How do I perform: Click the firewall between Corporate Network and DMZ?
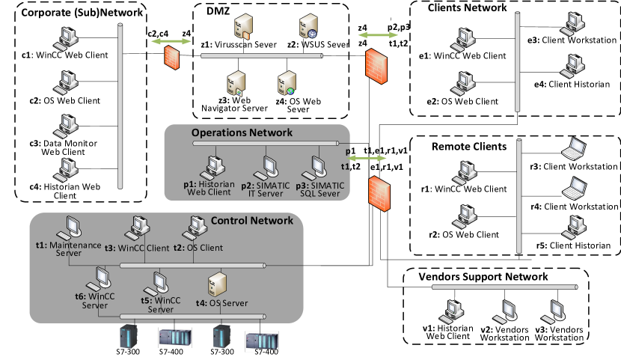[172, 58]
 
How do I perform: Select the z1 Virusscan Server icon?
[243, 27]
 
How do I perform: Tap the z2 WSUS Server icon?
[308, 26]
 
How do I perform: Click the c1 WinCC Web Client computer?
[66, 39]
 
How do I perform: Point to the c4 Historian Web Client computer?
[66, 170]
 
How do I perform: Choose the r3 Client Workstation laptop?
[574, 149]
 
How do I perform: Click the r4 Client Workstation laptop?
[575, 189]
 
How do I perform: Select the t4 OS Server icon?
[217, 284]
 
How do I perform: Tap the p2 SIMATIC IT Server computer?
[266, 168]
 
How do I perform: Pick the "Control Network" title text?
[252, 221]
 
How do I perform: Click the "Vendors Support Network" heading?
[483, 276]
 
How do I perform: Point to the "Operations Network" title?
[242, 132]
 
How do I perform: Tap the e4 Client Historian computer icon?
[572, 67]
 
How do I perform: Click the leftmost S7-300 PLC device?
[129, 336]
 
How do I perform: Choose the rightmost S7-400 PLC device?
[262, 341]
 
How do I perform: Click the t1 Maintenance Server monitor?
[70, 228]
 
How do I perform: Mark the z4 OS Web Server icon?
[287, 83]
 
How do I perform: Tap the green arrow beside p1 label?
[367, 159]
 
